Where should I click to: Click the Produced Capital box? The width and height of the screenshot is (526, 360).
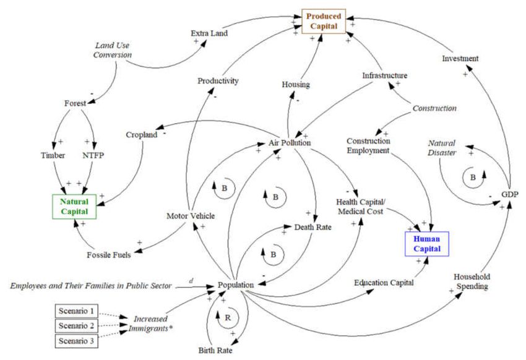[324, 22]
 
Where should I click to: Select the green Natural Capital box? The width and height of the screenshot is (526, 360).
[74, 207]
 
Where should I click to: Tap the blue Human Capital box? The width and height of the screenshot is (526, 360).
[427, 244]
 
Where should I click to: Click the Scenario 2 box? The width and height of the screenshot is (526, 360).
[77, 325]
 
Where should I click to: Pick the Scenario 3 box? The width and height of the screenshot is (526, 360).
[77, 341]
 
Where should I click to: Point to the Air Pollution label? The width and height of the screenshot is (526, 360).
[290, 143]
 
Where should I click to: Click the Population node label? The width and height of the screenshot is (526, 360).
[236, 285]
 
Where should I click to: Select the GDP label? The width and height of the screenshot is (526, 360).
[510, 194]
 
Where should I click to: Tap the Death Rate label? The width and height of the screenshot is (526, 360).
[313, 227]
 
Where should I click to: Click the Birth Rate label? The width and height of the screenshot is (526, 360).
[215, 351]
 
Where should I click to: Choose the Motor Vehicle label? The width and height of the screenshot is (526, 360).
[191, 216]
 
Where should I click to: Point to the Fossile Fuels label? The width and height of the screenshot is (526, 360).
[109, 255]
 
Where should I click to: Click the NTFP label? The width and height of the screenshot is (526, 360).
[93, 155]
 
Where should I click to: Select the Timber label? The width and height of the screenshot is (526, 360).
[53, 155]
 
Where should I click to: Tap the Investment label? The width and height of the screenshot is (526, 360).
[460, 58]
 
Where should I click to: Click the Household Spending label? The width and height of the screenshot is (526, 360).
[472, 281]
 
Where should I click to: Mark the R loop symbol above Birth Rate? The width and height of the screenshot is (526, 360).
[228, 317]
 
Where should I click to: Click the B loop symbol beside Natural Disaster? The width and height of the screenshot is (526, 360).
[473, 178]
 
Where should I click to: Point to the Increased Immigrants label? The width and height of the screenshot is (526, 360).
[150, 324]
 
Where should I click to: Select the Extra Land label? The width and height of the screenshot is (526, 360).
[209, 33]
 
